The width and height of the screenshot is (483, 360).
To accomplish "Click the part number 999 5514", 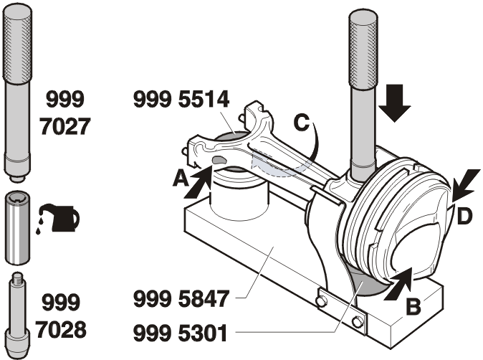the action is [x=181, y=99].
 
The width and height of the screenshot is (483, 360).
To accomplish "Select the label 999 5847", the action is [x=181, y=298].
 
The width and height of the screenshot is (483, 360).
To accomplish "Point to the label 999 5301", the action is [x=180, y=333].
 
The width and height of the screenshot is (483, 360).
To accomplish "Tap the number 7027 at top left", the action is [x=65, y=126].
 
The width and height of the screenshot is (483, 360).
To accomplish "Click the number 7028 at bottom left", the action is [x=61, y=329].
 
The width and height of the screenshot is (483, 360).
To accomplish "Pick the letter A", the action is [x=181, y=179].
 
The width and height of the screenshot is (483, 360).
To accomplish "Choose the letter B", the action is [x=413, y=307].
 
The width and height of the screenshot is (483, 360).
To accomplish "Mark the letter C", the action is [x=302, y=123].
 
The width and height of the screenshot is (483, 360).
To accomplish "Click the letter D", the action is [x=464, y=216].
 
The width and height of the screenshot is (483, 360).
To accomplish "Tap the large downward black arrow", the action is [x=395, y=103].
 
